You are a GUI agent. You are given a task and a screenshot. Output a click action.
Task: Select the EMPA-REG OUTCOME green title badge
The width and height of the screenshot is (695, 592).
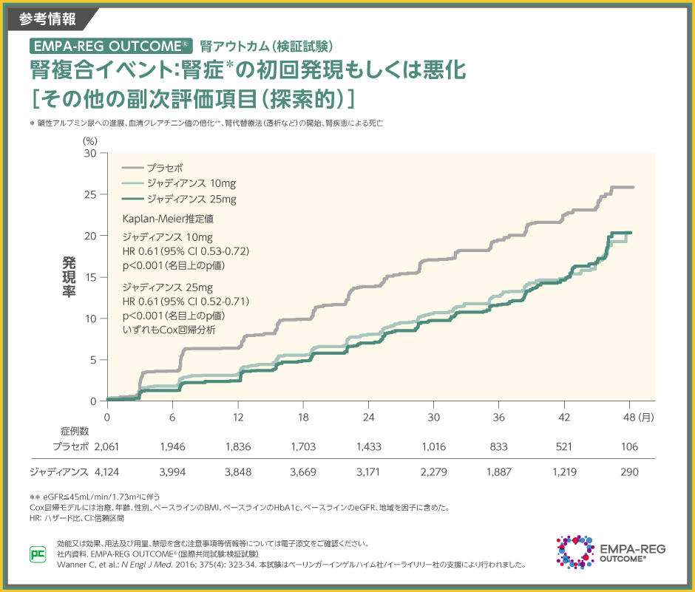click(112, 45)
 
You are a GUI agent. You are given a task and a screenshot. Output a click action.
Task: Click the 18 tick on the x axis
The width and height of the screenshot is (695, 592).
click(303, 417)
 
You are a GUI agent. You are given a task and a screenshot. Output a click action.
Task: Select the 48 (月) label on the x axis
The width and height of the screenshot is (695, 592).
click(637, 417)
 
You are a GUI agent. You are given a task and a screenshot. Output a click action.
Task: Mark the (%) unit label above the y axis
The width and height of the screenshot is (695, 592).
click(89, 140)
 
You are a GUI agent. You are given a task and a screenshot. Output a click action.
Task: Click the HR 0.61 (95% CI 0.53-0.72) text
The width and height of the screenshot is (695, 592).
click(186, 252)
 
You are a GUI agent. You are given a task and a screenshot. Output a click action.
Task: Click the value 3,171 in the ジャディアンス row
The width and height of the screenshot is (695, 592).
click(368, 472)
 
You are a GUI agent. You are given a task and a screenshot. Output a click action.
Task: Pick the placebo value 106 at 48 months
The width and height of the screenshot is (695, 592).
click(630, 446)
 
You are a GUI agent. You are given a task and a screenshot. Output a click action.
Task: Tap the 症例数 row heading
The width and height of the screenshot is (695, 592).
click(75, 431)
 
